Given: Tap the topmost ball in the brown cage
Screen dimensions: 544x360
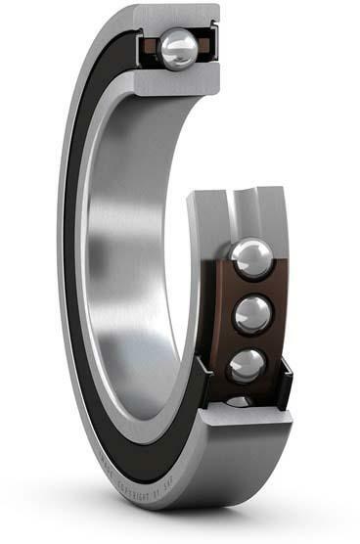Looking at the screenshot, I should click(x=251, y=257).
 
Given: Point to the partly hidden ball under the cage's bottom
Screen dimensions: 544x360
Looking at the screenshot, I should click(x=241, y=401).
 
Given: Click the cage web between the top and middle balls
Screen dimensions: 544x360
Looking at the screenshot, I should click(x=250, y=288).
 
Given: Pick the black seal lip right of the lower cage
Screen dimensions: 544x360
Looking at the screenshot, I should click(x=287, y=382).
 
